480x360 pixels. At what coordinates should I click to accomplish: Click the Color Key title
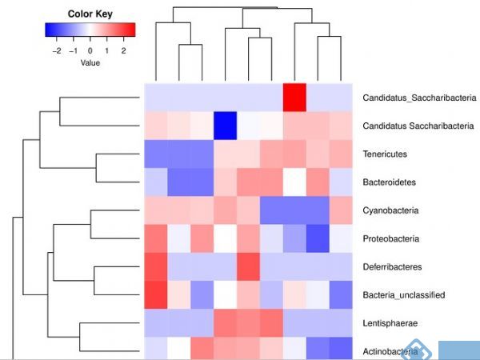pos(90,14)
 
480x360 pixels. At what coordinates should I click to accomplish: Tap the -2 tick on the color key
pos(56,50)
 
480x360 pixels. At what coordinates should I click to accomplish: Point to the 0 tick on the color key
pos(90,50)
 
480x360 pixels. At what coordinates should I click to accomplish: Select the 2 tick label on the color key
pos(123,50)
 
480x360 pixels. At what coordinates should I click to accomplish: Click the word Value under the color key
pos(90,62)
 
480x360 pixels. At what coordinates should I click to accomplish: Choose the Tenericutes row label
pos(385,154)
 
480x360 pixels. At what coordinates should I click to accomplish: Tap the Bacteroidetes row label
pos(389,182)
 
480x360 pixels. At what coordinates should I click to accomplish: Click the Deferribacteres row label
pos(391,266)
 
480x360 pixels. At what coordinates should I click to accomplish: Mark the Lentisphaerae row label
pos(390,322)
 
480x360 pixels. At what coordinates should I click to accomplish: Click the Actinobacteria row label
pos(390,350)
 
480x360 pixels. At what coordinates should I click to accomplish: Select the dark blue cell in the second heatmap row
pos(226,126)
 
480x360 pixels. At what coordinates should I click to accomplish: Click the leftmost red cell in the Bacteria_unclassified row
pos(155,294)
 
